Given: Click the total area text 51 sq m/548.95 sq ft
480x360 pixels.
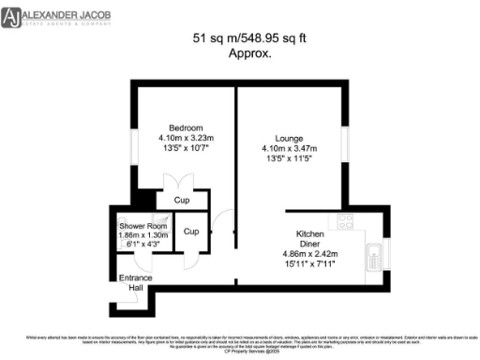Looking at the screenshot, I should point(237,39).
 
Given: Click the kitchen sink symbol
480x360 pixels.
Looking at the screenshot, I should point(373,253).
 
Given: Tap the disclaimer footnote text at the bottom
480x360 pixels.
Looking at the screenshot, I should point(240,341).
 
